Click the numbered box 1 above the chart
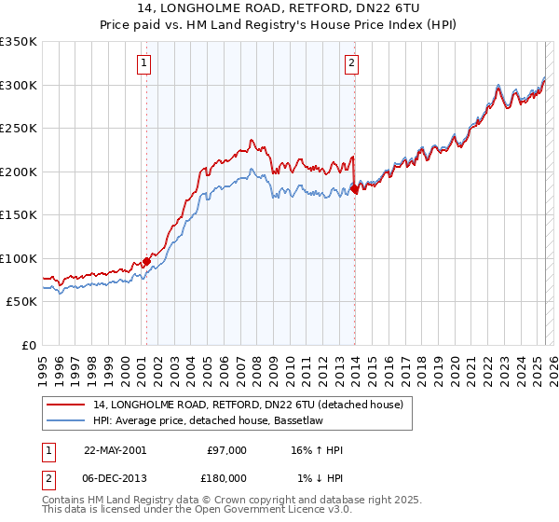(146, 63)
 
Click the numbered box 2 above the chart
(351, 63)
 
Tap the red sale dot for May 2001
(146, 262)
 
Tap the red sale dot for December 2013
(354, 189)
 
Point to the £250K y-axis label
(19, 129)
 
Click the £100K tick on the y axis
(19, 258)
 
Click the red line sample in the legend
(66, 405)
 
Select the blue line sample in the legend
(66, 420)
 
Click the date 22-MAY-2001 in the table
(115, 450)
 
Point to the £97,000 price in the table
(226, 450)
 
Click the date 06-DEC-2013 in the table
(115, 477)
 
